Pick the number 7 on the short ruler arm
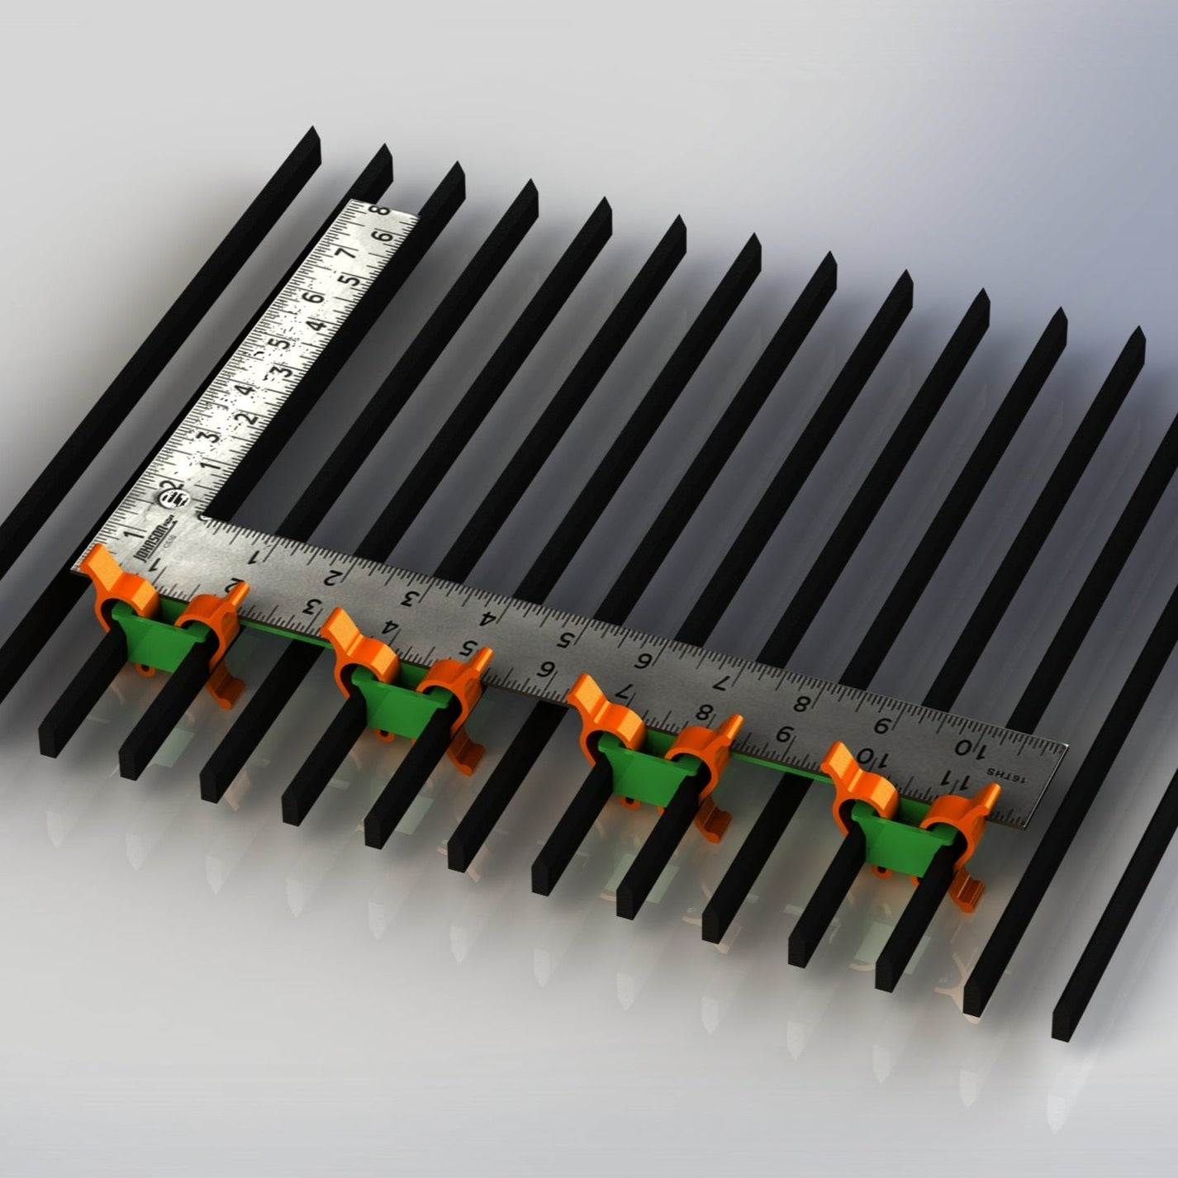[x=347, y=252]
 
